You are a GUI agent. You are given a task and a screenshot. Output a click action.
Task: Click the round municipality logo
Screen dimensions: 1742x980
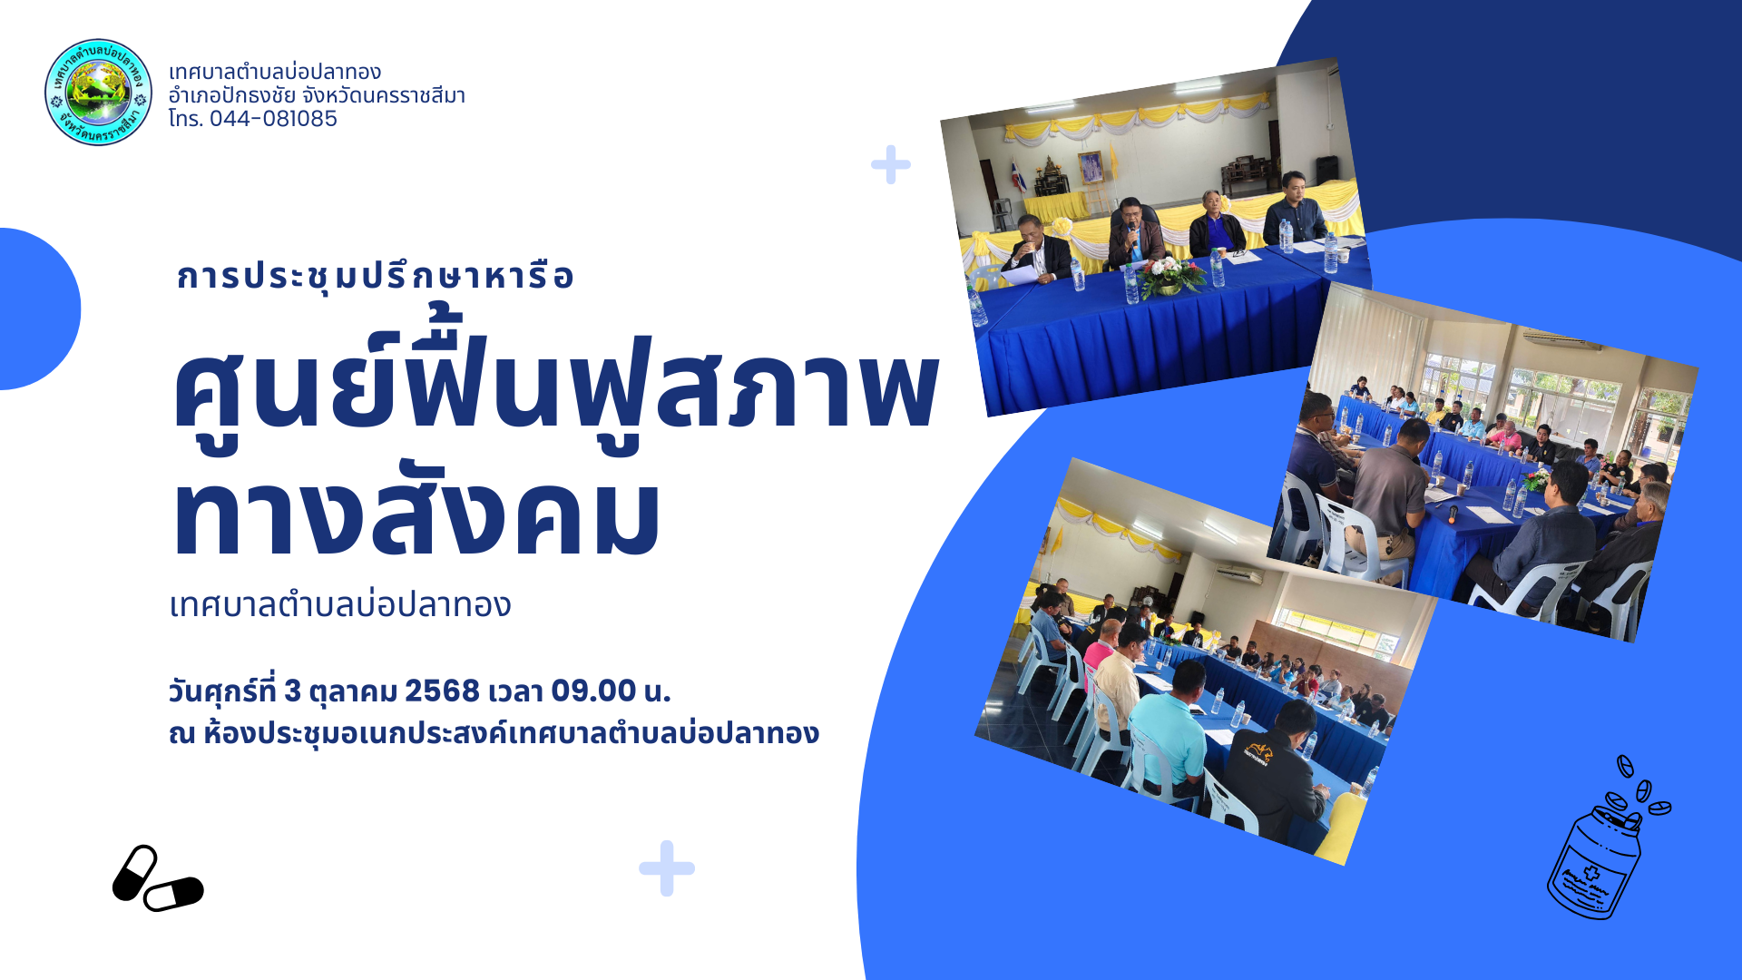pyautogui.click(x=98, y=92)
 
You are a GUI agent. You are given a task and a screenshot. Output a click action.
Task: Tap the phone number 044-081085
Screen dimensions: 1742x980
pyautogui.click(x=273, y=119)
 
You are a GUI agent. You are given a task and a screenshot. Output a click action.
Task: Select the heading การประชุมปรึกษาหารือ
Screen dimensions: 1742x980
pyautogui.click(x=375, y=276)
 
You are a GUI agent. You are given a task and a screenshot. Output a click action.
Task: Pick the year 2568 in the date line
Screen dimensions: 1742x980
pyautogui.click(x=442, y=691)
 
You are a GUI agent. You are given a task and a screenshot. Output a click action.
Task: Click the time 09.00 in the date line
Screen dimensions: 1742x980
pyautogui.click(x=593, y=691)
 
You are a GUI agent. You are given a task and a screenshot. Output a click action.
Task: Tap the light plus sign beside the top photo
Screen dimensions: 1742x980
pyautogui.click(x=891, y=164)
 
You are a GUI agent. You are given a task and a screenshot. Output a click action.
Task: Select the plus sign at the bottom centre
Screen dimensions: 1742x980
pyautogui.click(x=667, y=868)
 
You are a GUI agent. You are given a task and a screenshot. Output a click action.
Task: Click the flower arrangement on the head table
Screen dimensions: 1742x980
pyautogui.click(x=1170, y=275)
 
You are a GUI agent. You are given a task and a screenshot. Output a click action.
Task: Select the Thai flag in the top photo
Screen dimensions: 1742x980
pyautogui.click(x=1019, y=177)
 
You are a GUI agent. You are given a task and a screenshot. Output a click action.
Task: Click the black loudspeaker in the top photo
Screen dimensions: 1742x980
pyautogui.click(x=1326, y=169)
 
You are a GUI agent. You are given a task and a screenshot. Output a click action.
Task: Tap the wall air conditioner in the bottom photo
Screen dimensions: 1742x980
pyautogui.click(x=1239, y=574)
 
